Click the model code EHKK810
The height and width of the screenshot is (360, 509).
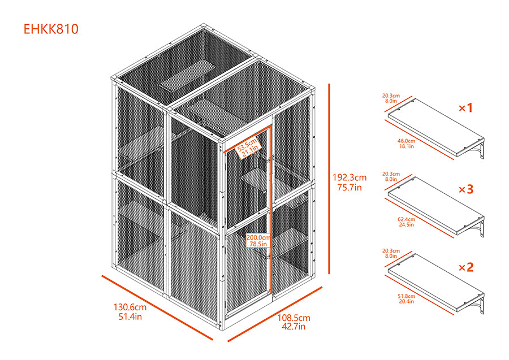51,29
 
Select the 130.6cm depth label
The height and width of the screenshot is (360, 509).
130,307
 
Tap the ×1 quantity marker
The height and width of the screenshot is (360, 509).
465,107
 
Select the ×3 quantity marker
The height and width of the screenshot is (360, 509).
465,189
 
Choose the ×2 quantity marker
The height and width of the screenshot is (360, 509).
465,267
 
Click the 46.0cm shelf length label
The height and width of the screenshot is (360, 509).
406,140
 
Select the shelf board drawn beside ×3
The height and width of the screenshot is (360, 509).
435,206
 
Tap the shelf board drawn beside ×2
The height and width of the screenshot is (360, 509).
435,283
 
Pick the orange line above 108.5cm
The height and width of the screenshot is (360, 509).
275,314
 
